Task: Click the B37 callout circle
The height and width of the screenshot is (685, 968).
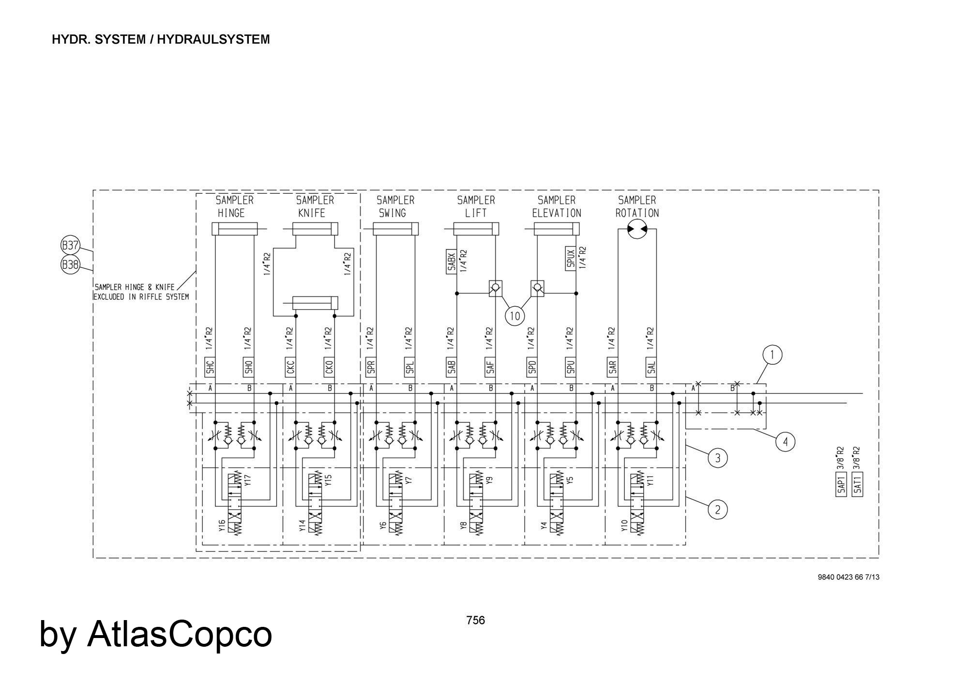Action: coord(70,246)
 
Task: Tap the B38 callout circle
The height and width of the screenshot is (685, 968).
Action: coord(70,265)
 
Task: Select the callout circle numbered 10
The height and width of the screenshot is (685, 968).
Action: coord(514,316)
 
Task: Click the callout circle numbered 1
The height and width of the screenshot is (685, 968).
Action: coord(772,355)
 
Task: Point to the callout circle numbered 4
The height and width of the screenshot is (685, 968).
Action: coord(785,442)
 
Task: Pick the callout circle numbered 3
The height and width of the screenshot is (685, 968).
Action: coord(717,458)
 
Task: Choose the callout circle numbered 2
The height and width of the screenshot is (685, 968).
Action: coord(717,510)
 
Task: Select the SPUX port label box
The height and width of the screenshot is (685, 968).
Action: coord(570,259)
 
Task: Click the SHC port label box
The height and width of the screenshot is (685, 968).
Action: coord(210,368)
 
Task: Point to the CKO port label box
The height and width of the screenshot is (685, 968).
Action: coord(329,368)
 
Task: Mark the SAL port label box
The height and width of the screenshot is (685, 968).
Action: coord(651,368)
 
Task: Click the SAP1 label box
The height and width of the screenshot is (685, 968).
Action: coord(841,484)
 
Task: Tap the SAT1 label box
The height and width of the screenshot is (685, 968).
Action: coord(858,484)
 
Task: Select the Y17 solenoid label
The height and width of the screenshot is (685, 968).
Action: coord(248,480)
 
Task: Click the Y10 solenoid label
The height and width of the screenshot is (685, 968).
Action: coord(624,526)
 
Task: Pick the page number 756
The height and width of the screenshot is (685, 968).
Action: coord(475,621)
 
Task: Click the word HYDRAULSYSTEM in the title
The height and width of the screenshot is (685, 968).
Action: coord(213,40)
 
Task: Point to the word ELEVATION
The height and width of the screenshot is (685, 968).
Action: coord(557,213)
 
